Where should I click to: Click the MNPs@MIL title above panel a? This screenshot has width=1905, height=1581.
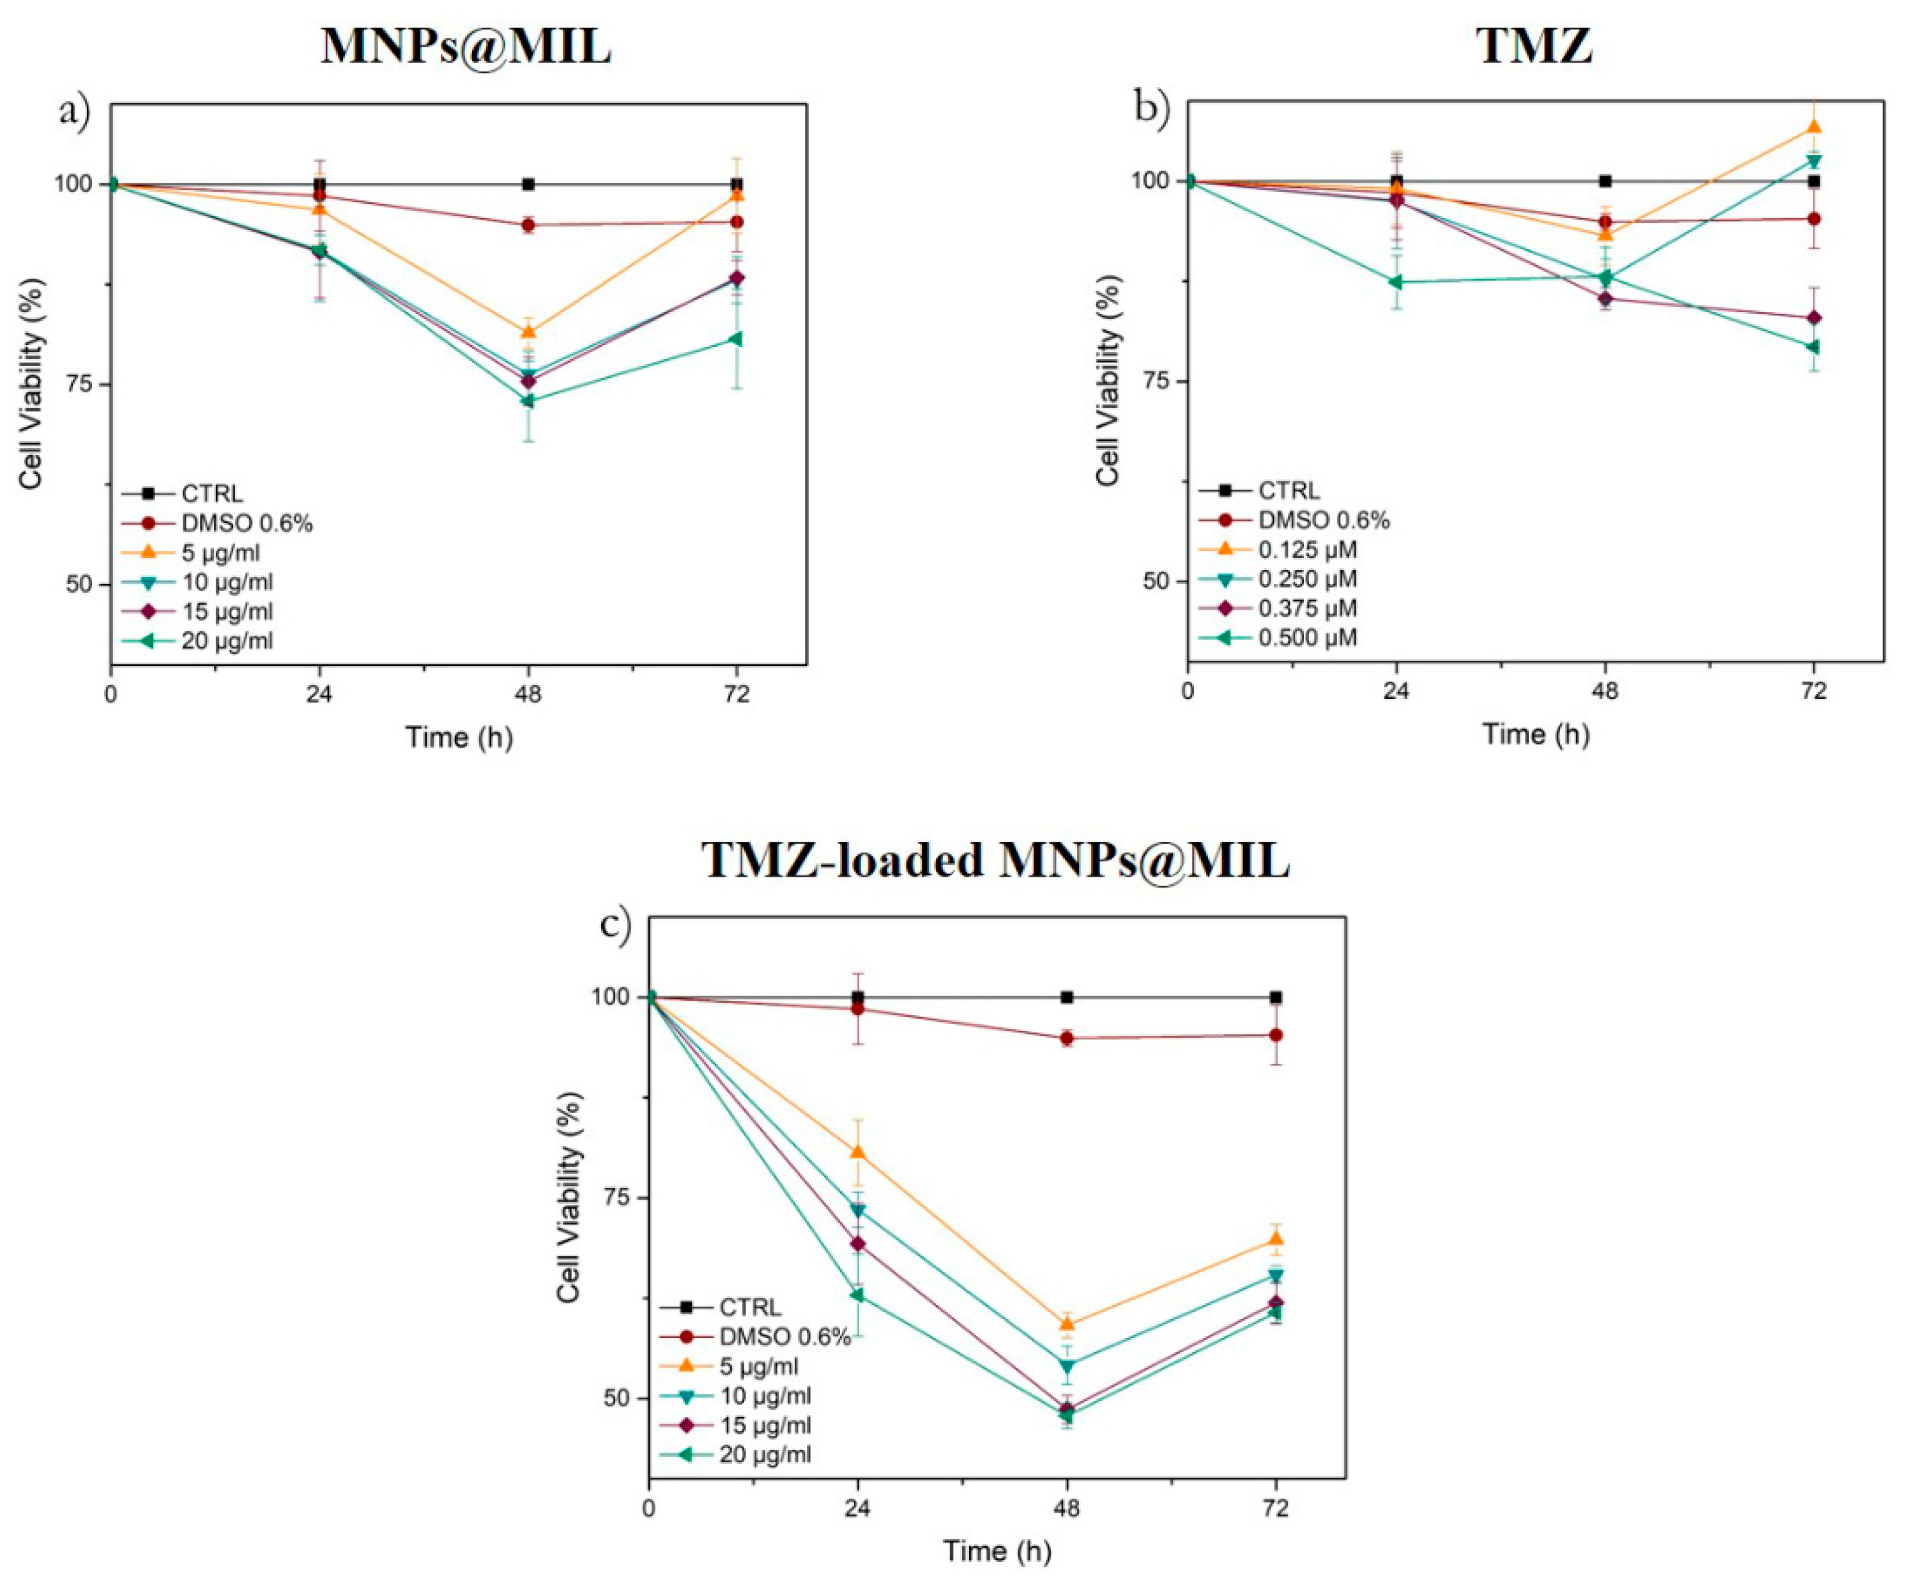click(x=466, y=46)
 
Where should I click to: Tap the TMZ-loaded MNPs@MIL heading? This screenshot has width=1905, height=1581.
click(x=996, y=860)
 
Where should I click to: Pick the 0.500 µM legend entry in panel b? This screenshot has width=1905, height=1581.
click(x=1306, y=638)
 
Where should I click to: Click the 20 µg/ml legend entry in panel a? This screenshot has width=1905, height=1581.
click(x=226, y=641)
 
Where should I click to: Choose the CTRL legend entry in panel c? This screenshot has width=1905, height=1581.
click(x=749, y=1308)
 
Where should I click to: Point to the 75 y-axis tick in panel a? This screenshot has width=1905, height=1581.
click(x=80, y=384)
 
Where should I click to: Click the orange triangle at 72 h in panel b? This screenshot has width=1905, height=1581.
click(x=1814, y=126)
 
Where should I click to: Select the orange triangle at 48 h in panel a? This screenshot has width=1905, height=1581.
click(x=528, y=331)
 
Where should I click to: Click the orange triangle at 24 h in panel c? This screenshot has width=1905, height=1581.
click(x=858, y=1152)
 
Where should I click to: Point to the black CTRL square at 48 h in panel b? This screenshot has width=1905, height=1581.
click(x=1605, y=181)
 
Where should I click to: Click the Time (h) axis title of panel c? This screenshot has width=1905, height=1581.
click(x=996, y=1550)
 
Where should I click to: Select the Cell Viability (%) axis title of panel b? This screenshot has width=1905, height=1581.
click(x=1108, y=380)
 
